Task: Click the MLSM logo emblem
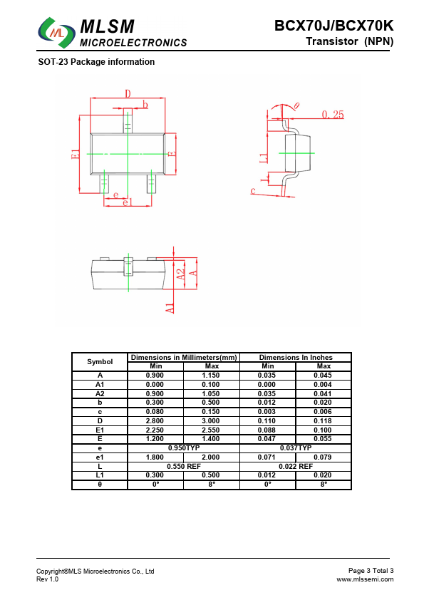pyautogui.click(x=56, y=32)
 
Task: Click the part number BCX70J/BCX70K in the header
pyautogui.click(x=333, y=26)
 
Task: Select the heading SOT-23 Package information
pyautogui.click(x=96, y=62)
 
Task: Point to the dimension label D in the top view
pyautogui.click(x=128, y=93)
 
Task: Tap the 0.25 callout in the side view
pyautogui.click(x=333, y=115)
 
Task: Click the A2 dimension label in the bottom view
pyautogui.click(x=180, y=274)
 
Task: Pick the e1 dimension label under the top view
pyautogui.click(x=128, y=202)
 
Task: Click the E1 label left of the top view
pyautogui.click(x=76, y=154)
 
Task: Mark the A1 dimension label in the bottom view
pyautogui.click(x=170, y=308)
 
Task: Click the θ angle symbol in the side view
pyautogui.click(x=296, y=106)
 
